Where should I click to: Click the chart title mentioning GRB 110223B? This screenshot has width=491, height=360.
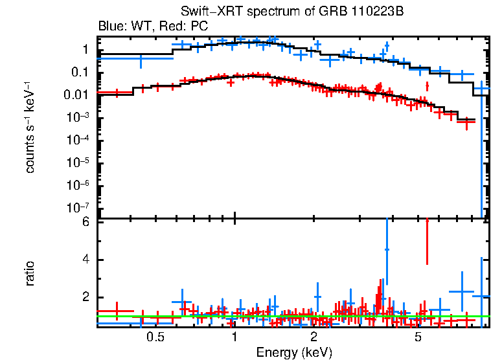(x=292, y=12)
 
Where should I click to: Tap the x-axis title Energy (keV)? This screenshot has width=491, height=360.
(x=294, y=352)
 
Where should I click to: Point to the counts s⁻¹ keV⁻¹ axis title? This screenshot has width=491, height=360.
(x=30, y=127)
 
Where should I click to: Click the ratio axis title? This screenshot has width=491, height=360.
(x=30, y=274)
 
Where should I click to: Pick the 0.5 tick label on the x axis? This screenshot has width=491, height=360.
(x=154, y=337)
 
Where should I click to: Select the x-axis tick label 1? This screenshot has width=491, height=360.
(x=234, y=337)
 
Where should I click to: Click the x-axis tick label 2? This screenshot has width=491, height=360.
(x=314, y=337)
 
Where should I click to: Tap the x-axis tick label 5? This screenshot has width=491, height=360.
(x=418, y=337)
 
